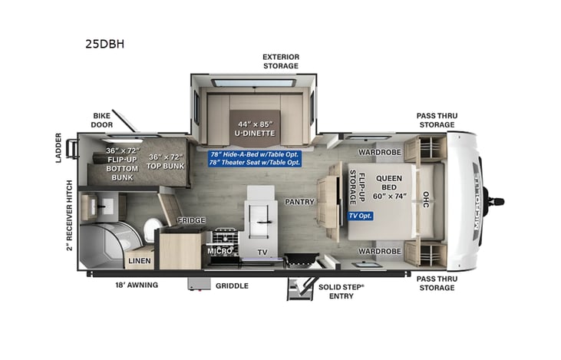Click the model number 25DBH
pyautogui.click(x=104, y=44)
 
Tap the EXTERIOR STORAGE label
pyautogui.click(x=280, y=61)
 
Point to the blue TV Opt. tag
pyautogui.click(x=360, y=216)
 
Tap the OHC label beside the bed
pyautogui.click(x=427, y=200)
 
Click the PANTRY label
pyautogui.click(x=298, y=203)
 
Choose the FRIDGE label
pyautogui.click(x=191, y=221)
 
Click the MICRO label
pyautogui.click(x=219, y=251)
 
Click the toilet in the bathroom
pyautogui.click(x=153, y=228)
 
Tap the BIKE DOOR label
pyautogui.click(x=103, y=120)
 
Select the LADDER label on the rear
pyautogui.click(x=59, y=150)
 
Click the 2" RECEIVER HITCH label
pyautogui.click(x=69, y=215)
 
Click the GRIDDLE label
pyautogui.click(x=231, y=286)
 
